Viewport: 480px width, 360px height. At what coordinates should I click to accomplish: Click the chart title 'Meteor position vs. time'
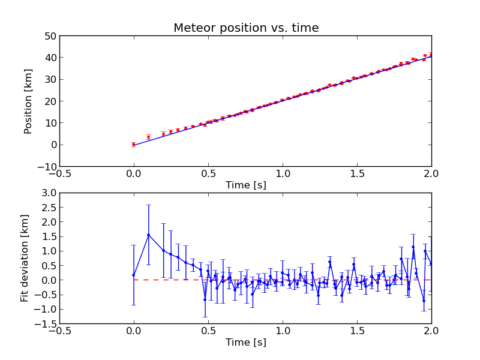tap(246, 28)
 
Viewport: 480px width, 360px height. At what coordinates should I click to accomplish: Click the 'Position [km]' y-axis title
tap(28, 101)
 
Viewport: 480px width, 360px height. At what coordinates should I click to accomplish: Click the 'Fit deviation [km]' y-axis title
tap(25, 258)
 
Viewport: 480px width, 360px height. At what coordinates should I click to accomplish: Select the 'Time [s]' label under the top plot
tap(246, 185)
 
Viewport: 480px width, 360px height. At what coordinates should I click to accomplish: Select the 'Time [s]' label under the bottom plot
tap(246, 343)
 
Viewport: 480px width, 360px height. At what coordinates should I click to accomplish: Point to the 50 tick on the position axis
tap(50, 36)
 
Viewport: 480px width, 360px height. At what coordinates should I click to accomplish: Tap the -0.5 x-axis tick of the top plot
tap(60, 173)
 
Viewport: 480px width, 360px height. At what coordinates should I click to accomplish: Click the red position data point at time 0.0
tap(134, 144)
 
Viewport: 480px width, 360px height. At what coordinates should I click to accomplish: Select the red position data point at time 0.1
tap(148, 137)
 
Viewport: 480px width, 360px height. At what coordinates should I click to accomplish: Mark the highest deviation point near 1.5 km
tap(148, 235)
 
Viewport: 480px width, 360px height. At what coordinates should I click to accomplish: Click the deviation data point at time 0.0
tap(134, 275)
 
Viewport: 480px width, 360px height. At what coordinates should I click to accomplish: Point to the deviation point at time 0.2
tap(163, 250)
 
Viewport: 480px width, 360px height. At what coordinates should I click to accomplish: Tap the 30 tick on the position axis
tap(50, 79)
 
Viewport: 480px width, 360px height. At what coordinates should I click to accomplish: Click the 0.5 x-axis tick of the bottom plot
tap(209, 331)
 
